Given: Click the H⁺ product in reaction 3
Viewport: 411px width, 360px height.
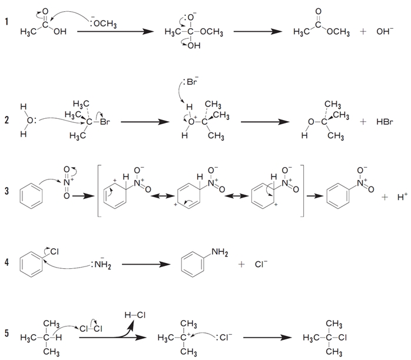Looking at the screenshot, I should point(402,197).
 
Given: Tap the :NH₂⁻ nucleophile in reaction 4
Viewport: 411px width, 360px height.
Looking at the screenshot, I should point(102,264).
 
